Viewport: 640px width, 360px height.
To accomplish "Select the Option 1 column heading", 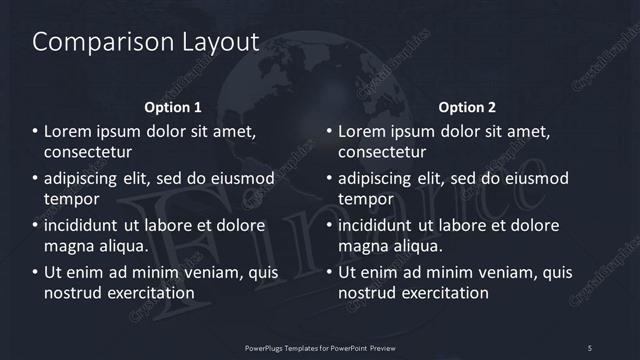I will [173, 106].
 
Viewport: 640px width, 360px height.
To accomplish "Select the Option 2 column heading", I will [467, 106].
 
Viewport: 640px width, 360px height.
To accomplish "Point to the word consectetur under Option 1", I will [89, 153].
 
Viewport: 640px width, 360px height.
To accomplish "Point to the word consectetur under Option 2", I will [383, 153].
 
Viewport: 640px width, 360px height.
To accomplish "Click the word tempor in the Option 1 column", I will [70, 199].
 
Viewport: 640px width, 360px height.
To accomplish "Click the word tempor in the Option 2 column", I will [364, 199].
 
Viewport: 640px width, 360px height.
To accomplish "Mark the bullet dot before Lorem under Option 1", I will [35, 131].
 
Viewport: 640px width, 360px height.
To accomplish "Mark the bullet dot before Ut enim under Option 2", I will [329, 272].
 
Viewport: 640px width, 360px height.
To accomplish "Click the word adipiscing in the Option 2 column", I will [381, 178].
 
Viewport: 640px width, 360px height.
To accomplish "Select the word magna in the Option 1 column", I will [70, 246].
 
